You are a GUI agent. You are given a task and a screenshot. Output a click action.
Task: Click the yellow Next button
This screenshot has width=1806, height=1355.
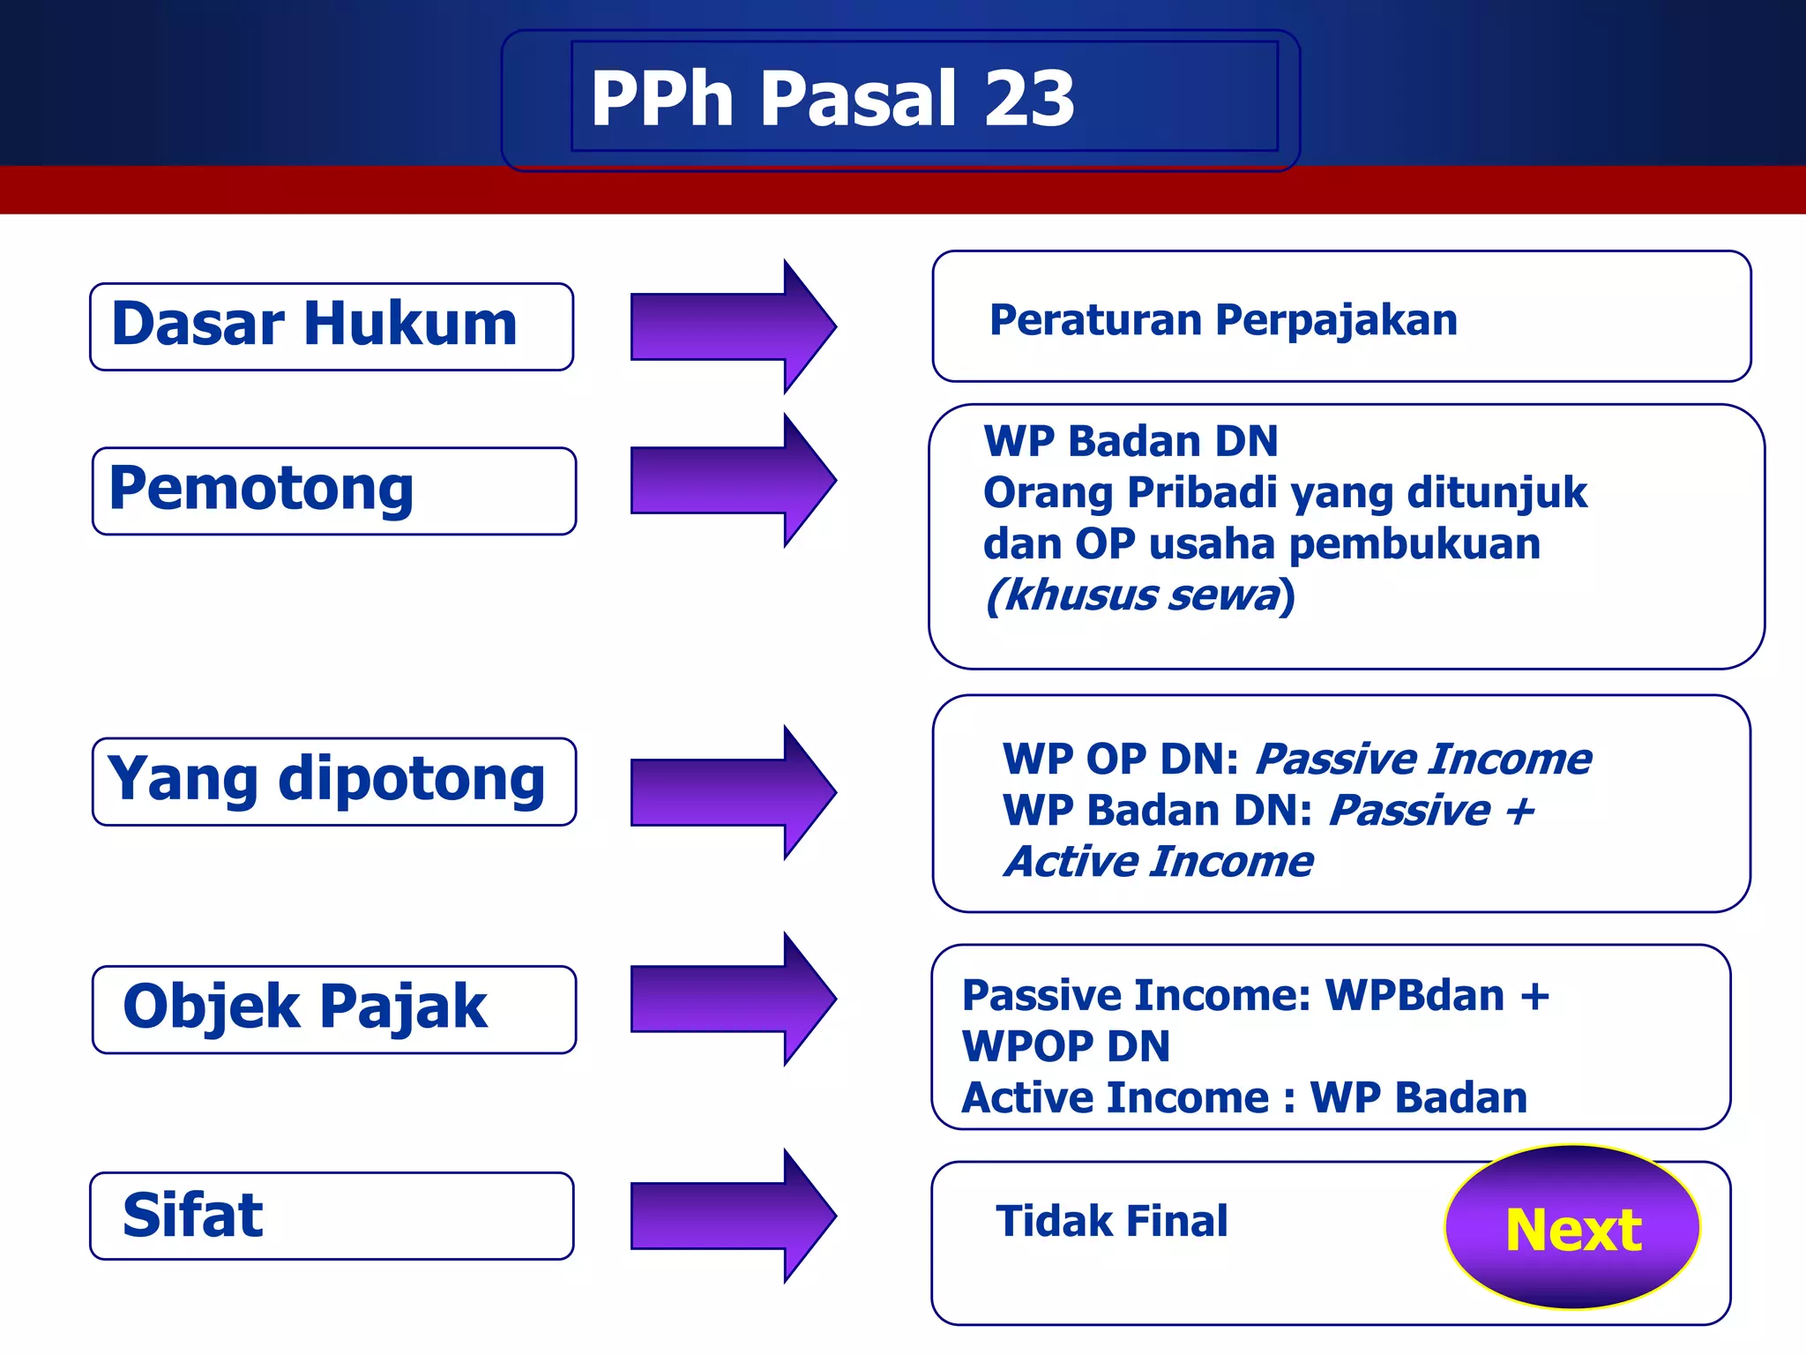pos(1572,1228)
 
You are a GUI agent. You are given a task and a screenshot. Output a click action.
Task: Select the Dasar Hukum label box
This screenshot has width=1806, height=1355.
pos(331,326)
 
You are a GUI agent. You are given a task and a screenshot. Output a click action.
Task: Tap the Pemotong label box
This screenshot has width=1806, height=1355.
pos(333,490)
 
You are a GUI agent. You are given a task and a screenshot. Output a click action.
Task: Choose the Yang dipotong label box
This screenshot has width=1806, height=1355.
pos(333,781)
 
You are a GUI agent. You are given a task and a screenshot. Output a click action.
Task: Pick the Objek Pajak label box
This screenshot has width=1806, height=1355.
pos(333,1008)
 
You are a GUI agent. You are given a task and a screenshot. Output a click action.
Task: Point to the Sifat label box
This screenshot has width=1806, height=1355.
pos(331,1215)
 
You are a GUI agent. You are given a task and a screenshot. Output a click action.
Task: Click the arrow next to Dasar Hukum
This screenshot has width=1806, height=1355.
pos(732,326)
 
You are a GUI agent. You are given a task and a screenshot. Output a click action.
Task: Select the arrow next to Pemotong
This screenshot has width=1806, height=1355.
pos(732,480)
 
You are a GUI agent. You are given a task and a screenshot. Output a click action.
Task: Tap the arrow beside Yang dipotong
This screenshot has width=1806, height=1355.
pos(732,792)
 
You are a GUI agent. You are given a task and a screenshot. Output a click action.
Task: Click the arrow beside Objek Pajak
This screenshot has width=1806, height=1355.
pos(732,999)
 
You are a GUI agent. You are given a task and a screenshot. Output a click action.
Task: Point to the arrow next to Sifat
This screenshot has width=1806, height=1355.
pos(732,1216)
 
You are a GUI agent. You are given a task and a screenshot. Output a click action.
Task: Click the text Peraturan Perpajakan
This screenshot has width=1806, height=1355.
pos(1223,319)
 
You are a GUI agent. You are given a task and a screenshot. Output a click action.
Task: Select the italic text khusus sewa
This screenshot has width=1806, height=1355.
pos(1140,595)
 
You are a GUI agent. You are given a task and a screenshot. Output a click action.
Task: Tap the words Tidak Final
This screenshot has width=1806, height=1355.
pos(1111,1222)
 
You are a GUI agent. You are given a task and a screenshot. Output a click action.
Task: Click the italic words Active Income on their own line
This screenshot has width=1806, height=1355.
pos(1158,862)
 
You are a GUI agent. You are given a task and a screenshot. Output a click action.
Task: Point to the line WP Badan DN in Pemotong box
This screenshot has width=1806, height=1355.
pos(1130,441)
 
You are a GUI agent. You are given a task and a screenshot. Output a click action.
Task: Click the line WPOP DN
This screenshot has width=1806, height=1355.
pos(1065,1047)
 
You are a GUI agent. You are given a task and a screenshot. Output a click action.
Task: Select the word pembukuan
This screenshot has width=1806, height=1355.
pos(1414,544)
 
